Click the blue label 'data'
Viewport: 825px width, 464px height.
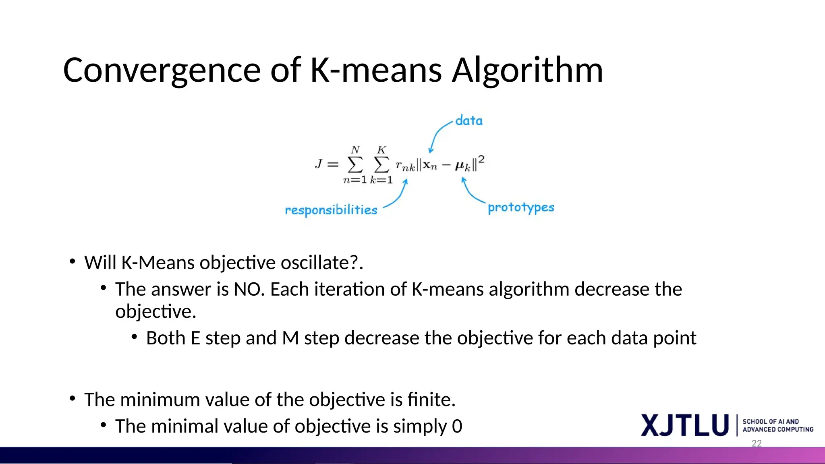468,120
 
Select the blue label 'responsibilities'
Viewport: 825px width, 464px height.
331,210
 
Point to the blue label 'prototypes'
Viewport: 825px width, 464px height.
521,207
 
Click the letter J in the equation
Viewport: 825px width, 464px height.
319,164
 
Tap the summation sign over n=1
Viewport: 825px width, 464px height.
355,164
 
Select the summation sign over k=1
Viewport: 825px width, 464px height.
381,164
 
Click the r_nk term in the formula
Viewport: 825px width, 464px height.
405,166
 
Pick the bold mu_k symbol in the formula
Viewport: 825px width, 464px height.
462,166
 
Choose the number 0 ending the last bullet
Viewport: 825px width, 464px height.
457,426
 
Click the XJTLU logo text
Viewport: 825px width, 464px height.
684,425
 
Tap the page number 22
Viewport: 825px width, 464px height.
757,443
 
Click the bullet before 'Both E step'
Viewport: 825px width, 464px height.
135,337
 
